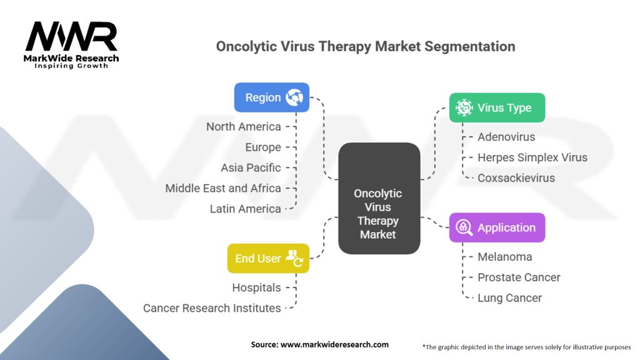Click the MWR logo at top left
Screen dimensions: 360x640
[71, 44]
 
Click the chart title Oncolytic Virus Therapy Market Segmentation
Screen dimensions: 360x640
[365, 46]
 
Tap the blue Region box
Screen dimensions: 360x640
[271, 97]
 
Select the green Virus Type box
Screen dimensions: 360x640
[497, 107]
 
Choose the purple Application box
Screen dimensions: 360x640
[497, 227]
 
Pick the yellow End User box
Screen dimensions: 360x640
[268, 258]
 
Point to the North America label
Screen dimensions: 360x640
[244, 127]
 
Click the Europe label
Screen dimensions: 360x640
[263, 147]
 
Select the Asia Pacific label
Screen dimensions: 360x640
[251, 168]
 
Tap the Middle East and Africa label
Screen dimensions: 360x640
[223, 188]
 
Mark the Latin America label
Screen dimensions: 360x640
[246, 209]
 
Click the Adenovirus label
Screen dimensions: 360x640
[506, 137]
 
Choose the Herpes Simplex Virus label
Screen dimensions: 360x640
[532, 157]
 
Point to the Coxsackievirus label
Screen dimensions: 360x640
[516, 178]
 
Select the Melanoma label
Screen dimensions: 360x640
[505, 257]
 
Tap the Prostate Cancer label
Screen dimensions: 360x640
[519, 277]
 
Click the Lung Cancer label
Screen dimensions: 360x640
[509, 298]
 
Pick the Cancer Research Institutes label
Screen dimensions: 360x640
[212, 308]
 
